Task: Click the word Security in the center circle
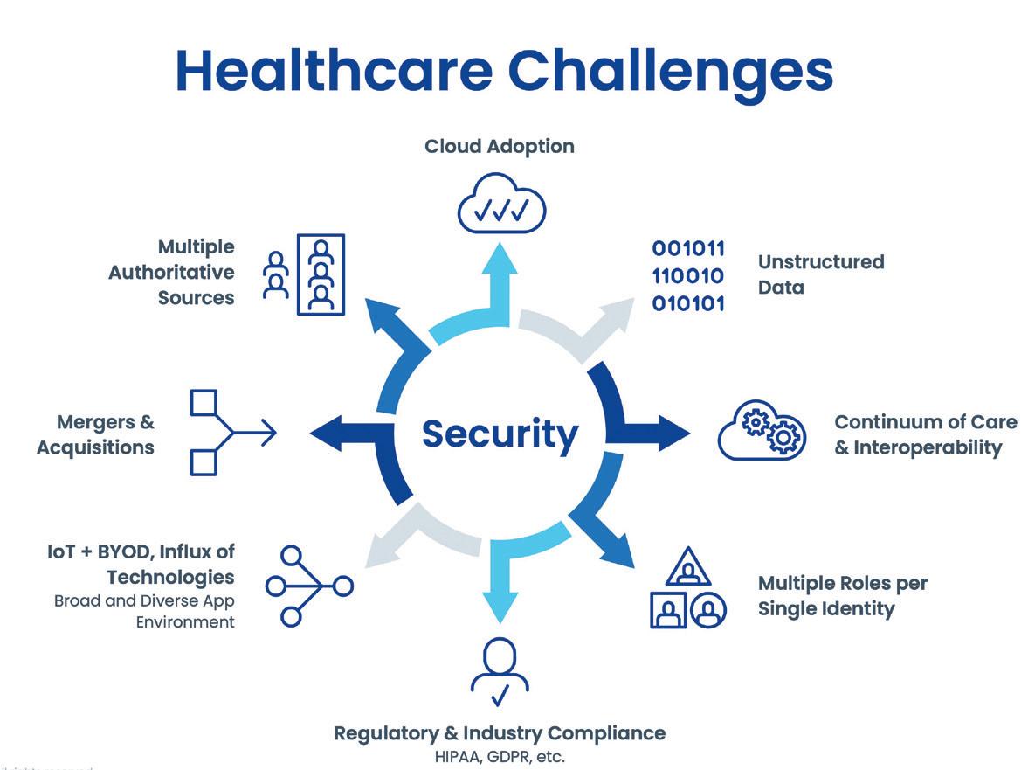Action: click(x=500, y=434)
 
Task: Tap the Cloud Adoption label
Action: click(x=500, y=146)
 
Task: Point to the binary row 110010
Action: click(x=688, y=276)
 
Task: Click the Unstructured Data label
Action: click(x=820, y=274)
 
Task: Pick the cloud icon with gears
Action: click(x=759, y=430)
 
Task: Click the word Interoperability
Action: click(x=927, y=447)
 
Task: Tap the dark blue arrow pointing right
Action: click(x=664, y=431)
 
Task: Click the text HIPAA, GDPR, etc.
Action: click(x=500, y=756)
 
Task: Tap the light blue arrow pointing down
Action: click(x=500, y=581)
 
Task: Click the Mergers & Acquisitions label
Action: click(x=96, y=434)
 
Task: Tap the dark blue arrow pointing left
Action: click(x=336, y=432)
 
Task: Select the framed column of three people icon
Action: click(x=321, y=274)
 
